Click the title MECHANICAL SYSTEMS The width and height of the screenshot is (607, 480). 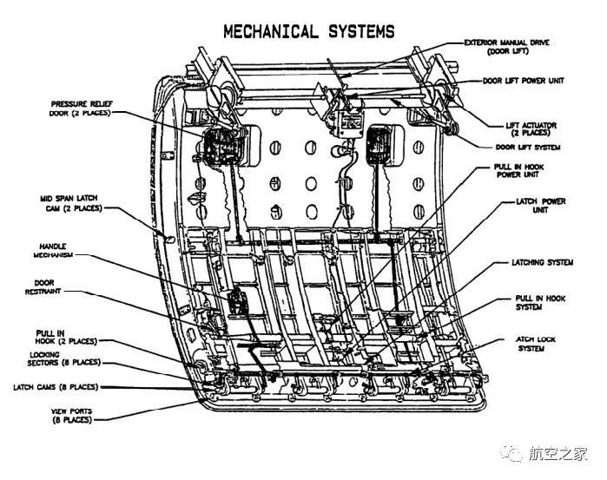(308, 32)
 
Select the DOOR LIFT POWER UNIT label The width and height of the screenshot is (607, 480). (524, 81)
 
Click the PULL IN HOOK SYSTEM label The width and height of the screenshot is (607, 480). (540, 302)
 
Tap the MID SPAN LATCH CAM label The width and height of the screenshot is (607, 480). (70, 202)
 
